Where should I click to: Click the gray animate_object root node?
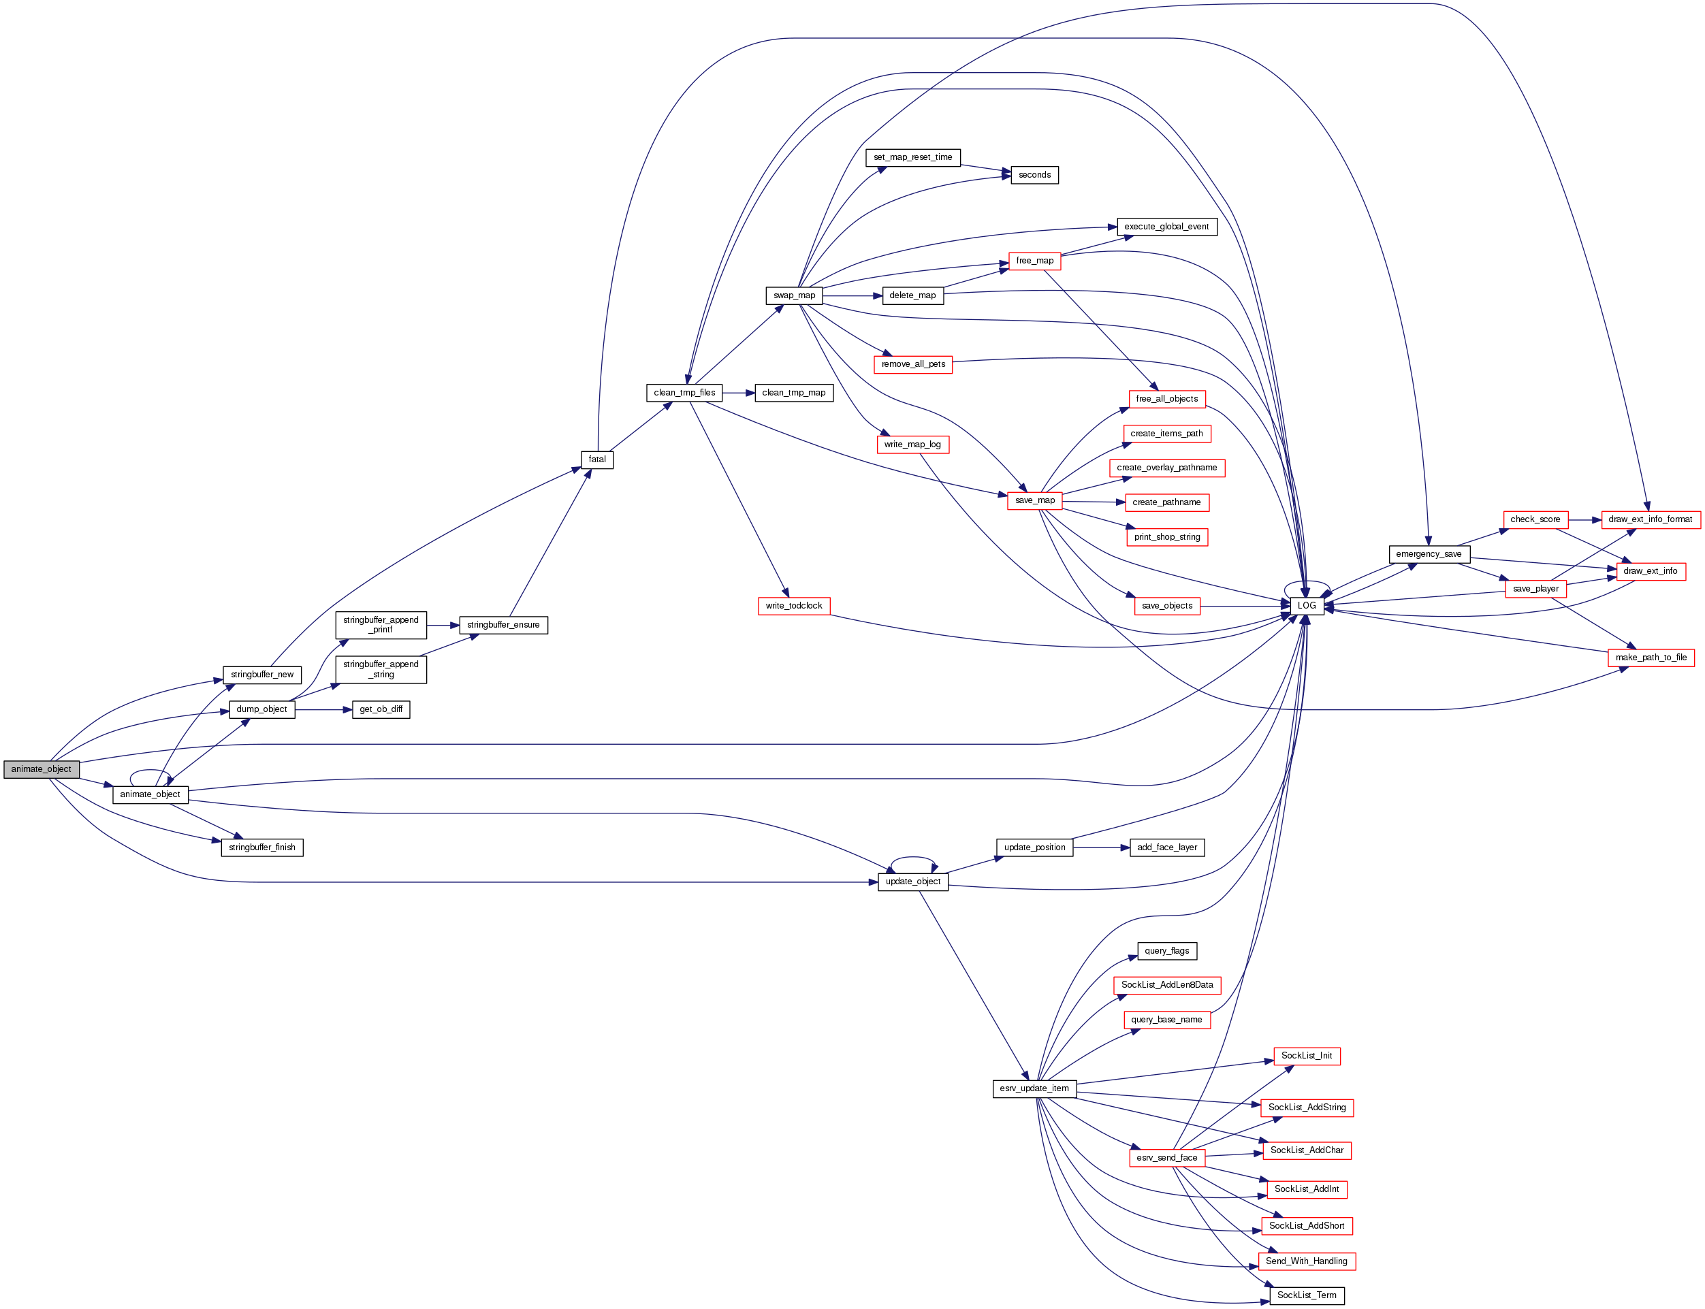[x=42, y=769]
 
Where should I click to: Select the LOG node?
[x=1306, y=605]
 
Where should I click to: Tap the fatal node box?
[x=597, y=459]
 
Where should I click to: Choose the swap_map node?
[x=794, y=295]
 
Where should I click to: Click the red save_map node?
[x=1035, y=500]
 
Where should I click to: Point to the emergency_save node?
[x=1429, y=554]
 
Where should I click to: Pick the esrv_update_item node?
[x=1034, y=1088]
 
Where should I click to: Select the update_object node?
[x=912, y=882]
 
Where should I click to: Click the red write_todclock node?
[x=793, y=605]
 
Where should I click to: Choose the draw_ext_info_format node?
[x=1650, y=519]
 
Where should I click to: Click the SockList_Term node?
[x=1306, y=1295]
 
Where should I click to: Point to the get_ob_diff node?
[x=381, y=709]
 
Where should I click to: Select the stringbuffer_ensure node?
[x=503, y=625]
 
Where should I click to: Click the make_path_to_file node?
[x=1651, y=658]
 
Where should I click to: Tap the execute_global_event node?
[x=1166, y=227]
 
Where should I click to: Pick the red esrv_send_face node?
[x=1166, y=1158]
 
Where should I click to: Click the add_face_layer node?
[x=1166, y=847]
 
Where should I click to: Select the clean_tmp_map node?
[x=793, y=393]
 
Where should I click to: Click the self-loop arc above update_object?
[x=912, y=858]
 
